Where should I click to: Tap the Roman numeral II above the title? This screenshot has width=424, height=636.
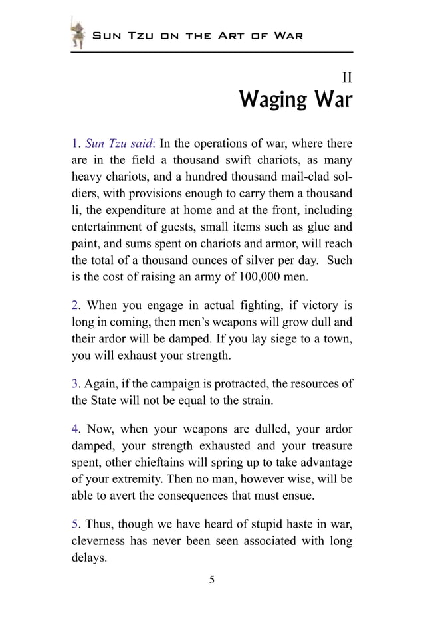click(346, 78)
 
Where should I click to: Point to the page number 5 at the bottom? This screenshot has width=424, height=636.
click(212, 580)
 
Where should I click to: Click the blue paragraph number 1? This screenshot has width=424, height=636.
click(75, 144)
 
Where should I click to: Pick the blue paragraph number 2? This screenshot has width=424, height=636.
click(75, 306)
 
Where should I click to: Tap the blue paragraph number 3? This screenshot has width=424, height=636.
click(75, 383)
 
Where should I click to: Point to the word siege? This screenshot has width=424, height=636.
click(282, 339)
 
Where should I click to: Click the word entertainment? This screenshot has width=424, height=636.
click(106, 225)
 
